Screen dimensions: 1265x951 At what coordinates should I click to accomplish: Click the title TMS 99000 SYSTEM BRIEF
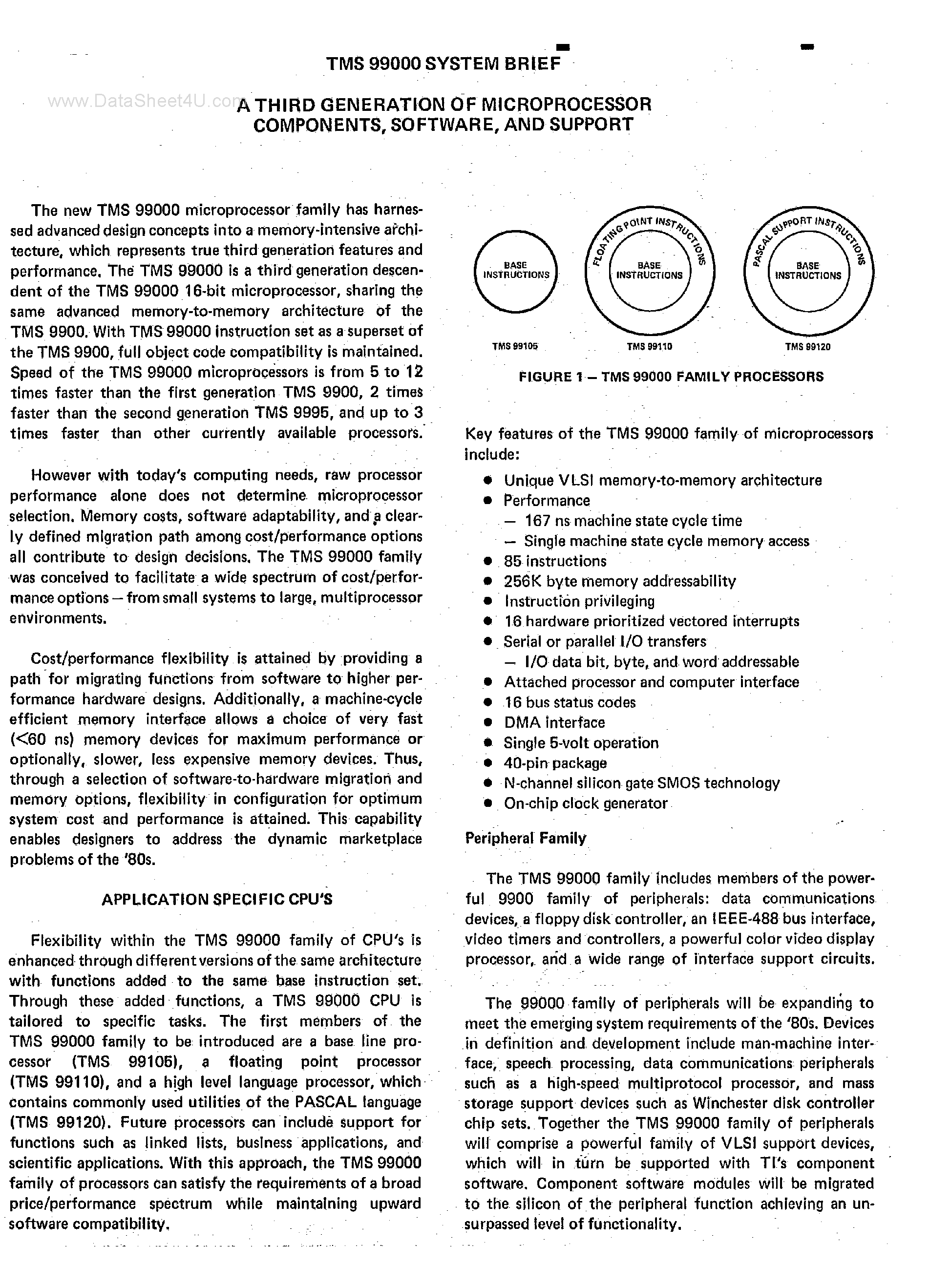pyautogui.click(x=443, y=63)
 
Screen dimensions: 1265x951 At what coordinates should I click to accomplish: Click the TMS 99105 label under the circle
pyautogui.click(x=515, y=346)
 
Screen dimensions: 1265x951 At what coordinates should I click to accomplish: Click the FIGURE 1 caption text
pyautogui.click(x=671, y=376)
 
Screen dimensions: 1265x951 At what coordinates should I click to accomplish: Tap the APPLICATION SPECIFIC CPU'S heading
pyautogui.click(x=217, y=900)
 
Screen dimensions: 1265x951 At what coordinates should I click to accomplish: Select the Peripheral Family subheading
pyautogui.click(x=526, y=839)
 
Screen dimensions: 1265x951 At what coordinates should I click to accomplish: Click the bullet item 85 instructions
pyautogui.click(x=555, y=561)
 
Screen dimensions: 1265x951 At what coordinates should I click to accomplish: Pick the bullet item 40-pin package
pyautogui.click(x=555, y=763)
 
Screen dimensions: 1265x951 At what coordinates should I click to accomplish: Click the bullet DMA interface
pyautogui.click(x=554, y=722)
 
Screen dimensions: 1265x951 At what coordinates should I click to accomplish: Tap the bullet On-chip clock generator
pyautogui.click(x=585, y=803)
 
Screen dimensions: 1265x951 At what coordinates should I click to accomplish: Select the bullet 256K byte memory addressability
pyautogui.click(x=619, y=581)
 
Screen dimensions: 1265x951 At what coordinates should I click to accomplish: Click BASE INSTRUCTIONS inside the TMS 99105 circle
pyautogui.click(x=516, y=270)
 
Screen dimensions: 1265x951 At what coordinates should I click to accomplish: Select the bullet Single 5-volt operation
pyautogui.click(x=580, y=743)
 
